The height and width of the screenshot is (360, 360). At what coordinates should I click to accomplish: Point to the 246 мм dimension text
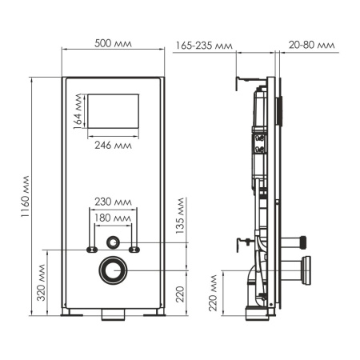pos(112,146)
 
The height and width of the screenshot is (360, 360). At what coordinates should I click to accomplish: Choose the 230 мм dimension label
pos(113,202)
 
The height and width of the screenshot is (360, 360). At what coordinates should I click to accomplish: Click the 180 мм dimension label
pos(113,218)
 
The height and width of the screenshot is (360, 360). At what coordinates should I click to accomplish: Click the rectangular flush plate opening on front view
pos(112,114)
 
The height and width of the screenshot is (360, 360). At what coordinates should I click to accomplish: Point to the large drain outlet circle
pos(113,270)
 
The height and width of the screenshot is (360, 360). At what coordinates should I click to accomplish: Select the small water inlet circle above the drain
pos(113,240)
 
